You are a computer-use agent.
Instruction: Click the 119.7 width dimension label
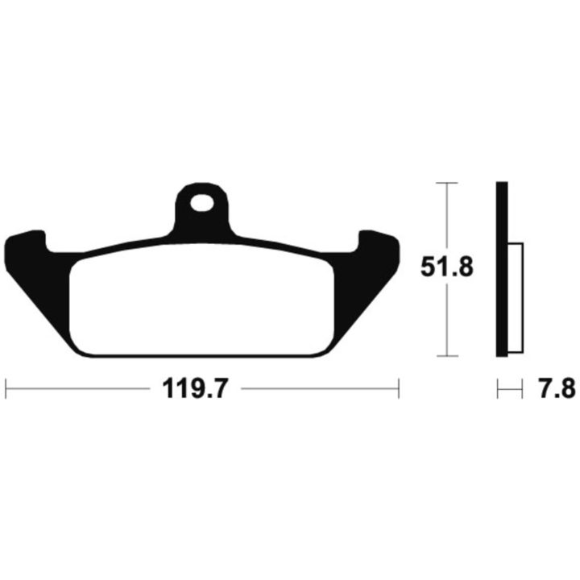coord(194,388)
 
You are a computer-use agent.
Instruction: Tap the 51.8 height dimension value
coord(447,267)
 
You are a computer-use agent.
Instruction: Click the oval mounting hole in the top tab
coord(201,203)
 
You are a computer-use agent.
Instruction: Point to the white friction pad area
coord(201,300)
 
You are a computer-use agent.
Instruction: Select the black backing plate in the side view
coord(502,269)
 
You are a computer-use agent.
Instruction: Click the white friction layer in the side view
coord(516,297)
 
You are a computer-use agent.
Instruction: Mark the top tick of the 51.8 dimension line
coord(447,183)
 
